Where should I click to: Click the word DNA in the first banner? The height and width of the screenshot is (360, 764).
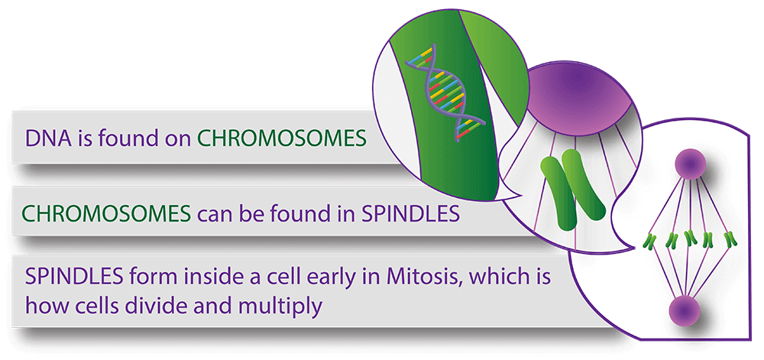coord(44,139)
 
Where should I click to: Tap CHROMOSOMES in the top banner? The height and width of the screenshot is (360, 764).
coord(282,139)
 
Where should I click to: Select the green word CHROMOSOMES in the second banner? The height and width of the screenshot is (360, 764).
coord(106,213)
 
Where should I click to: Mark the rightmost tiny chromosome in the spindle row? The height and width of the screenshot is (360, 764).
coord(730,238)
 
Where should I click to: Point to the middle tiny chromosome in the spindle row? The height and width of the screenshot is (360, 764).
coord(690,238)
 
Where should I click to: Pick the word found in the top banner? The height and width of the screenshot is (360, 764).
coord(125,139)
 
